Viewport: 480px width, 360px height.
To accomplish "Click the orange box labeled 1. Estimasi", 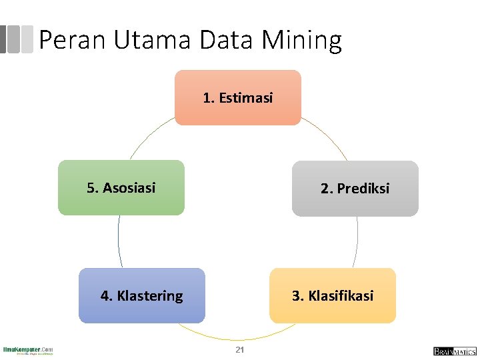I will click(238, 98).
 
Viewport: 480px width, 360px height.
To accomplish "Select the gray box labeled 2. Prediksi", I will click(355, 189).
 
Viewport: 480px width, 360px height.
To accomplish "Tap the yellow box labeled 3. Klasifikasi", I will click(332, 295).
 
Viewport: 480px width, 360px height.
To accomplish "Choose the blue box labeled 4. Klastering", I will click(141, 295).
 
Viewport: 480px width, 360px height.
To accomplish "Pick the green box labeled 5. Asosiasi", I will click(121, 187).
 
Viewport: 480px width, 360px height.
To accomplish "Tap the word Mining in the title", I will click(302, 41).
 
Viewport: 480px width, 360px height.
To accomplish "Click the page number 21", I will click(240, 350).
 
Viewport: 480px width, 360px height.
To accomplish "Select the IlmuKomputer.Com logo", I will click(28, 350).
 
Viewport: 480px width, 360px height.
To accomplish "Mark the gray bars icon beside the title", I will click(16, 39).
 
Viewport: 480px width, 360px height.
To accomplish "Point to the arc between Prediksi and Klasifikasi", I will click(357, 241).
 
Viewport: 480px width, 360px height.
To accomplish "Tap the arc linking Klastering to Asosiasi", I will click(119, 241).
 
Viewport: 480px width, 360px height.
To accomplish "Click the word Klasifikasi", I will click(341, 295).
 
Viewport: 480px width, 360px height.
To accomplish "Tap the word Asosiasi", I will click(129, 187).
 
